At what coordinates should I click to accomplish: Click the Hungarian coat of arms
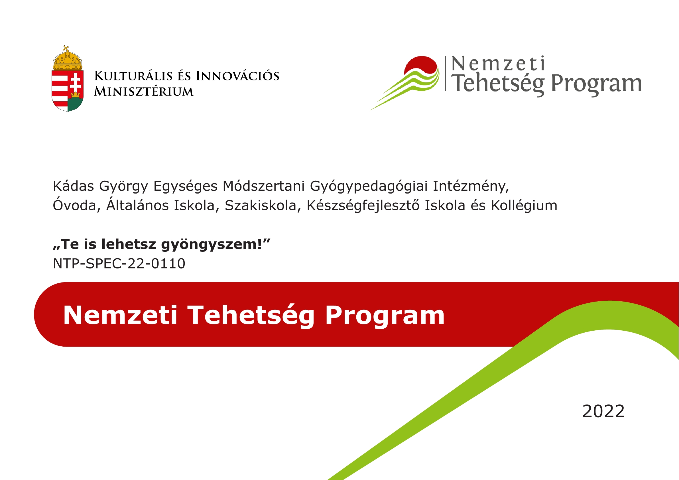68,79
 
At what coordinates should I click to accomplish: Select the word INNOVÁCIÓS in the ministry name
237,76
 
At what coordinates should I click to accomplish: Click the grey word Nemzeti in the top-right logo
498,64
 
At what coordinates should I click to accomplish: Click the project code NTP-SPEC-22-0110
119,263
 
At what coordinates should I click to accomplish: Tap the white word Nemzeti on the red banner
120,315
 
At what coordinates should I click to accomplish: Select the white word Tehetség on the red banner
251,316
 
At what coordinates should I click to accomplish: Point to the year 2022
603,411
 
